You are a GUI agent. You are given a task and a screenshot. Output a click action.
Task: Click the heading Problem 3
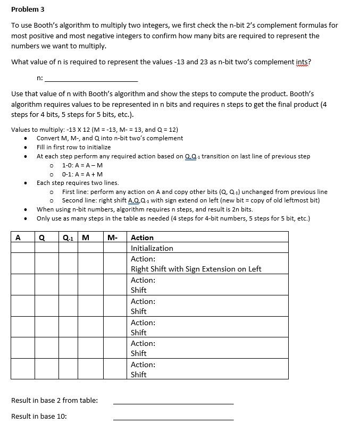[28, 10]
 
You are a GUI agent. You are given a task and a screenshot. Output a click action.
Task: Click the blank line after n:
[91, 79]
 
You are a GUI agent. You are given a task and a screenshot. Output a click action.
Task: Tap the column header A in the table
[19, 238]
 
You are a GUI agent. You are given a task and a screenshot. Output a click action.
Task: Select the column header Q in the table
[41, 238]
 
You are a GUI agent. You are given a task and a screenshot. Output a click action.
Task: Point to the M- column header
[112, 238]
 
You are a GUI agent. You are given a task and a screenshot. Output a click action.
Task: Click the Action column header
[142, 238]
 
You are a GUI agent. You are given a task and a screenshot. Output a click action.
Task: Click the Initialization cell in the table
[152, 248]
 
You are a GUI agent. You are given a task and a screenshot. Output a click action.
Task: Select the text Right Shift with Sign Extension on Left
[196, 269]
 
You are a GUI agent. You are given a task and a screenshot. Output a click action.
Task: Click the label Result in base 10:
[39, 416]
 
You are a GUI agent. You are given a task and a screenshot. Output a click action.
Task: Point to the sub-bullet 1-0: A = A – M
[82, 165]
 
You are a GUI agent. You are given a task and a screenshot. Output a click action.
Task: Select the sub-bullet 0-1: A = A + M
[82, 174]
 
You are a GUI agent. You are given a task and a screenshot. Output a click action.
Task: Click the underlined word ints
[303, 62]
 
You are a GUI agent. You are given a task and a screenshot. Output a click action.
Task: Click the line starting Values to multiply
[94, 130]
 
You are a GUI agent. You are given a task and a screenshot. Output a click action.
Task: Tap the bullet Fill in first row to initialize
[73, 147]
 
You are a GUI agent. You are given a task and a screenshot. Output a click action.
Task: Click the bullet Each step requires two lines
[78, 183]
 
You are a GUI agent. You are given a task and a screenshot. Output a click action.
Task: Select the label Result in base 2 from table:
[54, 400]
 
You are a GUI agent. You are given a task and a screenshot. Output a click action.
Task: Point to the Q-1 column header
[68, 238]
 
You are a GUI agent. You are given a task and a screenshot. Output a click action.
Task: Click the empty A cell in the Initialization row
[22, 248]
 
